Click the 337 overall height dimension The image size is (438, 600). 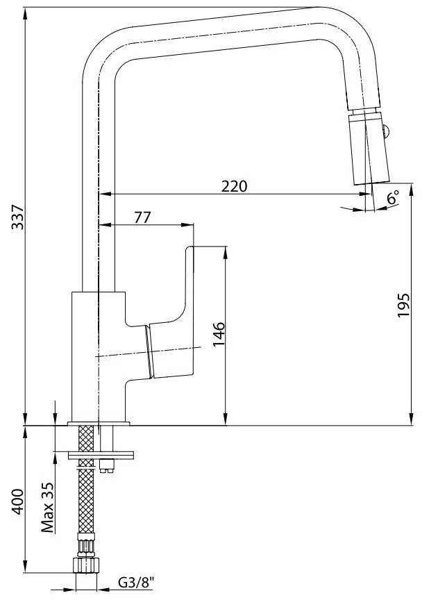(17, 217)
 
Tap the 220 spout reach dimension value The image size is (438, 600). (235, 186)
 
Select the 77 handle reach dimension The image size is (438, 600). (143, 217)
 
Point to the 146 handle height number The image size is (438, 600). (219, 334)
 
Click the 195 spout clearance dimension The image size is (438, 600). (403, 305)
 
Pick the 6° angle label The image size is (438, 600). (392, 197)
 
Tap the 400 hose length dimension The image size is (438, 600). (17, 501)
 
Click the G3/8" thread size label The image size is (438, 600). (136, 583)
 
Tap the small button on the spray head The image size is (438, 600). (387, 131)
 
